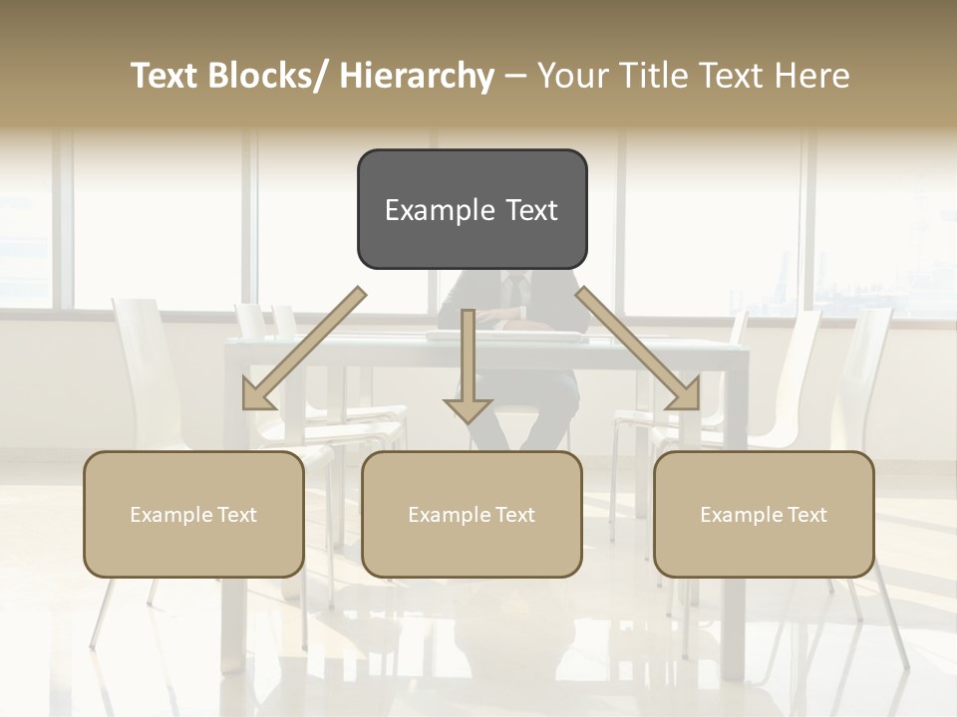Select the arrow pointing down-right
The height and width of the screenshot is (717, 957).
click(x=638, y=349)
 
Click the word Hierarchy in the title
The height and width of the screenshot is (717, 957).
click(x=416, y=76)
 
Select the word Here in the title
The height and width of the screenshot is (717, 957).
click(x=814, y=76)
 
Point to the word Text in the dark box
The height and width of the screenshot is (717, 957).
click(x=531, y=210)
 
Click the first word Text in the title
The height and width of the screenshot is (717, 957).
click(x=168, y=76)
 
